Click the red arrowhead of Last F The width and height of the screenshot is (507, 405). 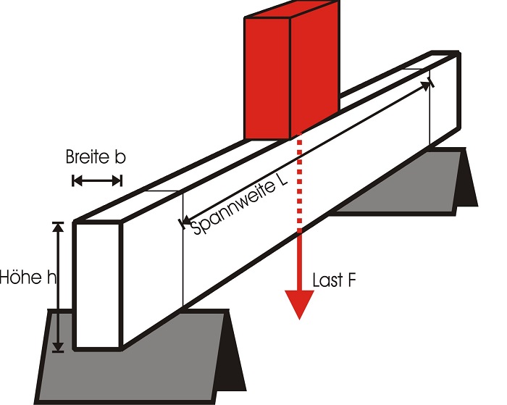coord(298,304)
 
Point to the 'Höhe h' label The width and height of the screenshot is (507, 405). coord(28,277)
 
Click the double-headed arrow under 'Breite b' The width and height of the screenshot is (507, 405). coord(97,180)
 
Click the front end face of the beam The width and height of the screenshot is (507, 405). coord(96,286)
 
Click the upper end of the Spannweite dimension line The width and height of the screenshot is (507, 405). coord(431,83)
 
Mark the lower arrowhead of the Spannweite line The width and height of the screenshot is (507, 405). coord(183,221)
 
